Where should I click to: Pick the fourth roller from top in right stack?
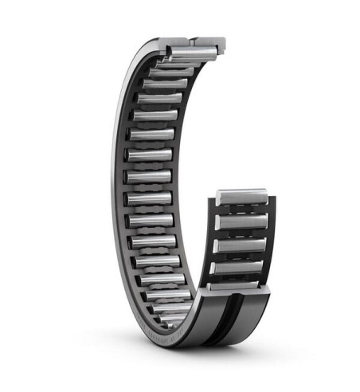[239, 268]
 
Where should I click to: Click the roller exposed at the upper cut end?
[191, 53]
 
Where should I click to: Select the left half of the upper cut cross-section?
[174, 44]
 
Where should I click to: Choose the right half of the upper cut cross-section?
[209, 45]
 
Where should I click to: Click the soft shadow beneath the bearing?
[199, 355]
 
